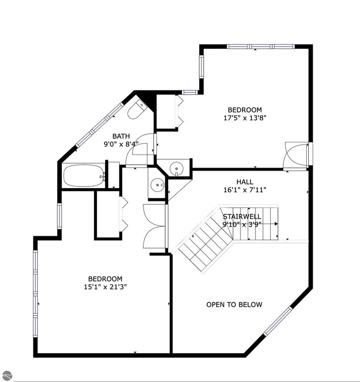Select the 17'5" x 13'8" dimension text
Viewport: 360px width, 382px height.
[244, 118]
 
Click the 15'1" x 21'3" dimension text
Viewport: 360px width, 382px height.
[105, 287]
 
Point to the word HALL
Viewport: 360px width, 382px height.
[244, 182]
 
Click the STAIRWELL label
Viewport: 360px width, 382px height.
[242, 216]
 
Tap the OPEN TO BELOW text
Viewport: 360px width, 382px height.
[234, 304]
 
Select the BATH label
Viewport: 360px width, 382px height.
[121, 136]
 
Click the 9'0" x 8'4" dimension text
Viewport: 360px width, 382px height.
[121, 144]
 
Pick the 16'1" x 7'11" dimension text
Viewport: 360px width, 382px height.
[244, 190]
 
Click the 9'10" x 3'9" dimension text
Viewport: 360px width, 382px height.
[242, 224]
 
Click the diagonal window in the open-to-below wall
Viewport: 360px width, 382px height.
[277, 321]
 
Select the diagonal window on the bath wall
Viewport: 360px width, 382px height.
[100, 124]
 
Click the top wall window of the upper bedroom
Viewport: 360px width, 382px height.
[260, 47]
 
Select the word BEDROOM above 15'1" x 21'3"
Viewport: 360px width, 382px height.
[105, 279]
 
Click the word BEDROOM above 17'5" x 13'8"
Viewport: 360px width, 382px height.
[244, 110]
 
